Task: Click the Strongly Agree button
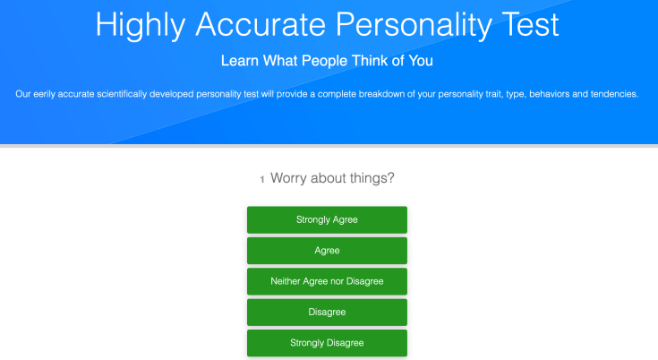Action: pyautogui.click(x=327, y=219)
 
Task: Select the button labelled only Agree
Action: pyautogui.click(x=327, y=251)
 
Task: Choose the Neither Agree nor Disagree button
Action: pyautogui.click(x=327, y=281)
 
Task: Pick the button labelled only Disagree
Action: pyautogui.click(x=327, y=313)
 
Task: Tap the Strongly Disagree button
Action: pyautogui.click(x=327, y=343)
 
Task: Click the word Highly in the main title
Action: pyautogui.click(x=141, y=26)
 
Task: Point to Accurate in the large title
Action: pyautogui.click(x=261, y=25)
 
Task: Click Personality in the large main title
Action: pyautogui.click(x=414, y=26)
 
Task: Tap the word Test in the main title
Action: pyautogui.click(x=530, y=25)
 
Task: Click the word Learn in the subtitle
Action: pyautogui.click(x=240, y=61)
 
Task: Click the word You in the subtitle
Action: pyautogui.click(x=421, y=61)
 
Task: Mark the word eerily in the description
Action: pyautogui.click(x=44, y=94)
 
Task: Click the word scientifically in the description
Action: pyautogui.click(x=122, y=94)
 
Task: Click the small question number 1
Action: pyautogui.click(x=262, y=180)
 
